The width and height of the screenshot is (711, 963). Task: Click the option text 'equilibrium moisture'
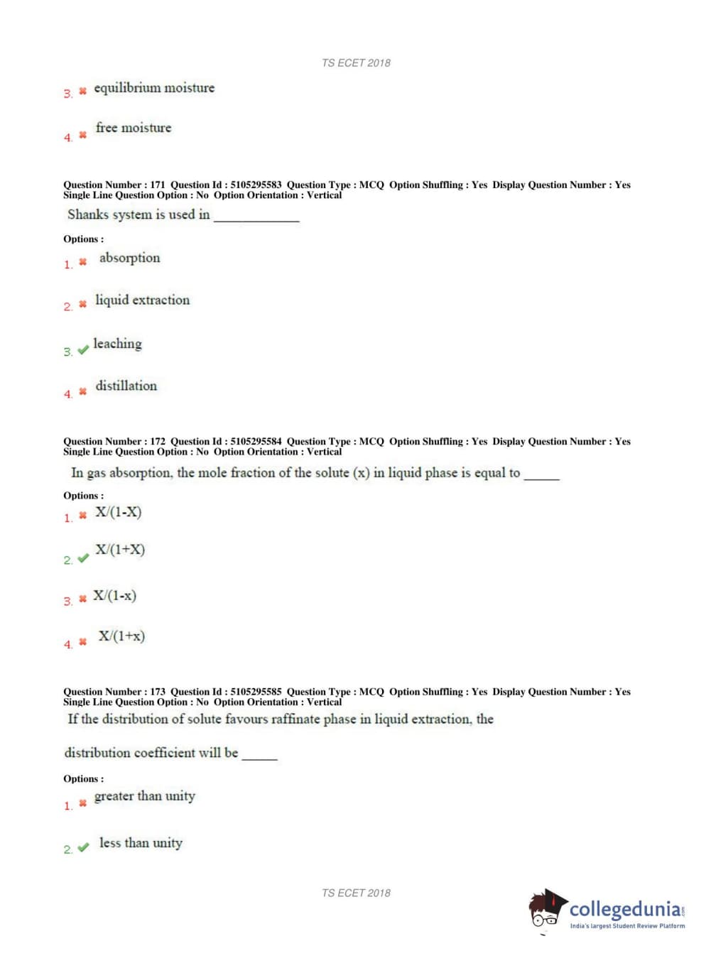tap(153, 88)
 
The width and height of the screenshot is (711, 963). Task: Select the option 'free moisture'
tap(134, 128)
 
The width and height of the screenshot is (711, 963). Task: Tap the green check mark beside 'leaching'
tap(83, 350)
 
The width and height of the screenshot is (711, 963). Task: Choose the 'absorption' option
tap(129, 258)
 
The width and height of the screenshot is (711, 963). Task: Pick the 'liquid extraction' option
tap(142, 300)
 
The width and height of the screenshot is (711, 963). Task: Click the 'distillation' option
tap(126, 386)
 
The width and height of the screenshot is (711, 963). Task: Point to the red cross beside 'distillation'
tap(82, 391)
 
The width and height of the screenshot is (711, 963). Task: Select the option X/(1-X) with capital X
tap(118, 512)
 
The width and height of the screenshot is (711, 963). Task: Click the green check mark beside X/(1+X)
tap(83, 558)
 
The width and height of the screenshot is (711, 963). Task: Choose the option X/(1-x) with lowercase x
tap(114, 596)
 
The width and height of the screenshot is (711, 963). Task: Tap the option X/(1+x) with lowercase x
tap(121, 636)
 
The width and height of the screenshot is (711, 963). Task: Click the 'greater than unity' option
tap(144, 796)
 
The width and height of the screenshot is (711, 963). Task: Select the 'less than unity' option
tap(141, 843)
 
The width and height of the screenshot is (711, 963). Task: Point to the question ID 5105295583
tap(256, 185)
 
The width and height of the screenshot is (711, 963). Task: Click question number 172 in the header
tap(157, 441)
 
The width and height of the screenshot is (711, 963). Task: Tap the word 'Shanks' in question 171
tap(88, 214)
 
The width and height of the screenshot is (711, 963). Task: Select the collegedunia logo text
tap(625, 909)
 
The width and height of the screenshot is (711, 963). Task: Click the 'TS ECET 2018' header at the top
tap(356, 62)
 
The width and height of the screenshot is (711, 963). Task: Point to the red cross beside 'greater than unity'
tap(82, 803)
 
